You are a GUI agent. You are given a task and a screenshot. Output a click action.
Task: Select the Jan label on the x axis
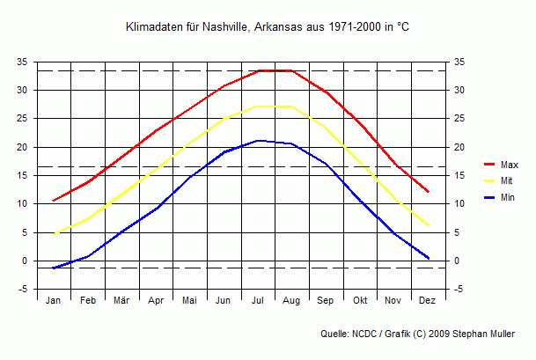(x=54, y=301)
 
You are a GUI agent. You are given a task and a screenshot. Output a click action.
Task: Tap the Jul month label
(x=258, y=301)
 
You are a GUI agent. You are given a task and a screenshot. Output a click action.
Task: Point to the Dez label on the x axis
(x=428, y=301)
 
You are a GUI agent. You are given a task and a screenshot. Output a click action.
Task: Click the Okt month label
(x=360, y=301)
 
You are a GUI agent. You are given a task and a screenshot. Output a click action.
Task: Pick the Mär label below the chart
(x=121, y=301)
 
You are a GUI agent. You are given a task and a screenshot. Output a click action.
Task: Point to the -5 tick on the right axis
(x=459, y=290)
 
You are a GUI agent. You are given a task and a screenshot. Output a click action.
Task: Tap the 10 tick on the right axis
(x=459, y=204)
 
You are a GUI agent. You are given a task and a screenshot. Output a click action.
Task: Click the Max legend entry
(x=509, y=165)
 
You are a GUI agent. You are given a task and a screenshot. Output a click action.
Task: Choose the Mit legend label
(x=506, y=181)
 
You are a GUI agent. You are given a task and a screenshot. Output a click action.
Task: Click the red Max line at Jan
(x=54, y=201)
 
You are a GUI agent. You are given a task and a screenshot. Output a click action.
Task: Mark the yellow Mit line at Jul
(x=258, y=107)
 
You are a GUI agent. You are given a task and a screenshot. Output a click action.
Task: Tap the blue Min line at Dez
(x=428, y=258)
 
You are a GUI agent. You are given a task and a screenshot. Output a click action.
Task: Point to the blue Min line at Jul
(x=258, y=141)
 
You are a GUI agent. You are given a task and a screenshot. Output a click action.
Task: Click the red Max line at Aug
(x=291, y=70)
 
